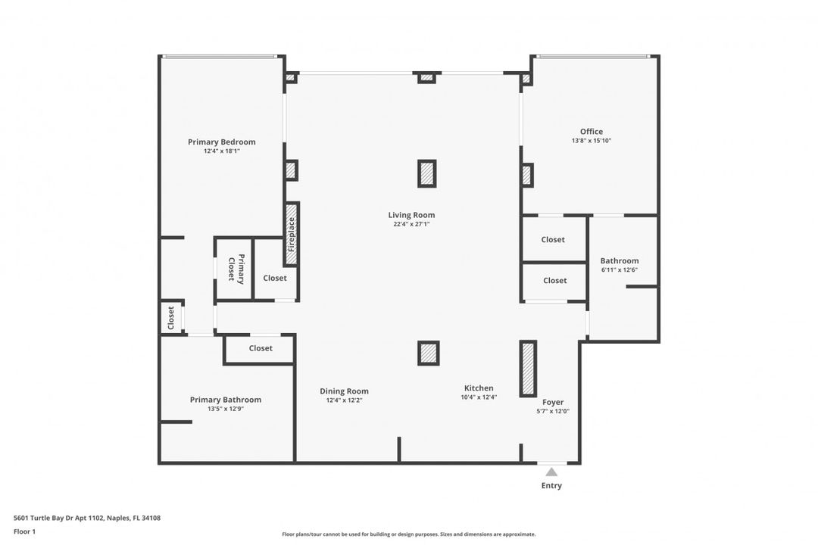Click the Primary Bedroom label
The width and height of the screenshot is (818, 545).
(x=222, y=142)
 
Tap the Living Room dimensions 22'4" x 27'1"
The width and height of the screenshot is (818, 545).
(x=411, y=224)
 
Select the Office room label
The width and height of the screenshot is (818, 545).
(x=592, y=132)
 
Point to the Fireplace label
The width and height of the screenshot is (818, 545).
(x=291, y=234)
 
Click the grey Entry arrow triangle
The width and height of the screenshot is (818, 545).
(x=551, y=472)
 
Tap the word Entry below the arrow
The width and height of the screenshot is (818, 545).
(x=551, y=485)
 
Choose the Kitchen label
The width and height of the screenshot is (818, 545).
(x=479, y=388)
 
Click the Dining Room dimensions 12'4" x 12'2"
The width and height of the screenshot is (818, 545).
(x=345, y=400)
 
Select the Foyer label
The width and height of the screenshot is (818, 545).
(x=553, y=402)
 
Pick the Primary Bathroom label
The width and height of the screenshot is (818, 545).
(x=226, y=400)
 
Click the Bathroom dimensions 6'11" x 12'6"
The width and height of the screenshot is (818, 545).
(x=620, y=270)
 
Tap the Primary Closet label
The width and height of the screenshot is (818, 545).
(x=236, y=269)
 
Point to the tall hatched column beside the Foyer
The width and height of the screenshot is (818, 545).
(x=528, y=369)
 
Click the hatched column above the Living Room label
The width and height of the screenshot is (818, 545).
(x=426, y=173)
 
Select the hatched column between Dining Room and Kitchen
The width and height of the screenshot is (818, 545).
(x=428, y=353)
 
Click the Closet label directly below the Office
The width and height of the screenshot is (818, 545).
(x=553, y=239)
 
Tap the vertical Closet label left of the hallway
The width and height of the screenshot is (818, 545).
(x=171, y=318)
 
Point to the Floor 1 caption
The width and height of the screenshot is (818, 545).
(x=24, y=531)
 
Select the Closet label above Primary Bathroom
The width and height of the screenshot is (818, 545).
(x=261, y=348)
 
